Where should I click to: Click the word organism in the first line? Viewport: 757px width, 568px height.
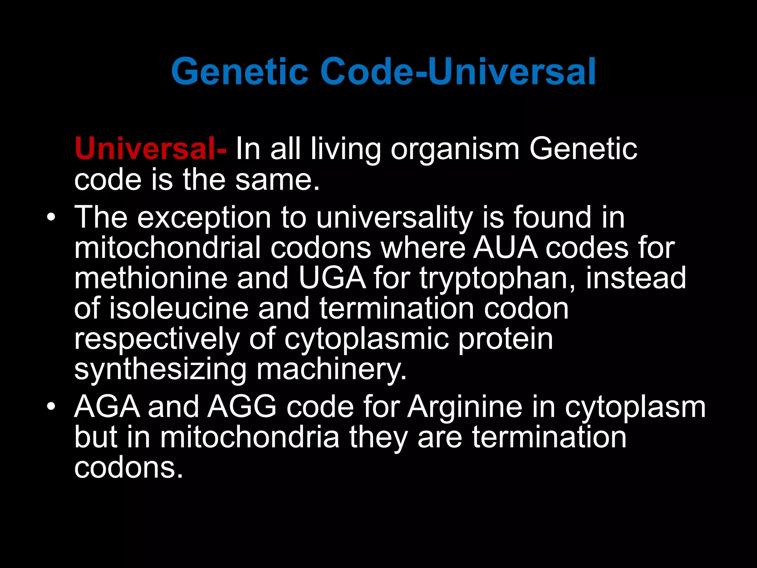(x=455, y=149)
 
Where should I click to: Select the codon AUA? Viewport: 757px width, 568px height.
(x=505, y=248)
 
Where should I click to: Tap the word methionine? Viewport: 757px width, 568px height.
(x=151, y=278)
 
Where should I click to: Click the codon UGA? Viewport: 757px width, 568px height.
(x=332, y=278)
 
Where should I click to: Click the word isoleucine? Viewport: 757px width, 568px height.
(x=179, y=308)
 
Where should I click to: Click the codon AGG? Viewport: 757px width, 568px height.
(x=242, y=407)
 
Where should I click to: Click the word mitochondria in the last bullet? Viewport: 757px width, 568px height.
(x=249, y=437)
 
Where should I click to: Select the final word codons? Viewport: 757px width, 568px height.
(x=128, y=467)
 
